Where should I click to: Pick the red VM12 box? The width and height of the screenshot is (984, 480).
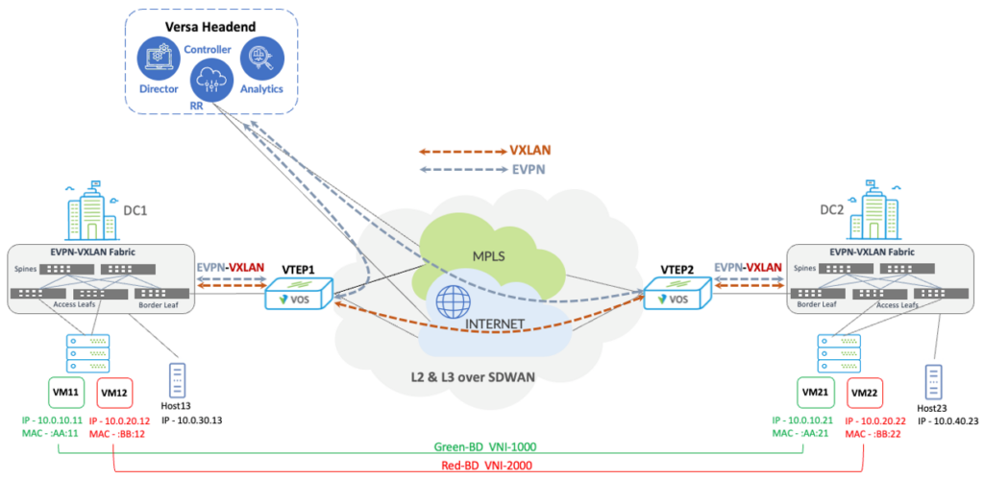[x=115, y=394]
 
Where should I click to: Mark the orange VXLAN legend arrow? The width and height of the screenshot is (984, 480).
[x=461, y=152]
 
